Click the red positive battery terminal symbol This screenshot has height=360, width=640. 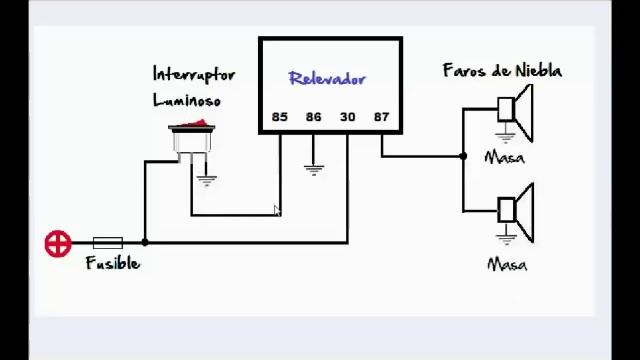tap(58, 243)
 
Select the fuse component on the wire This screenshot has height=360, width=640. tap(107, 242)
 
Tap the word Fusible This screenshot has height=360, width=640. tap(113, 264)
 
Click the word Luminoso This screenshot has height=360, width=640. tap(186, 100)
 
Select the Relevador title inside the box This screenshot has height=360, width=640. tap(327, 79)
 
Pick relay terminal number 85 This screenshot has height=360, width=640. tap(279, 117)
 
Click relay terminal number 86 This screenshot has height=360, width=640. tap(313, 117)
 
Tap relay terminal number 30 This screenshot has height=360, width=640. tap(347, 117)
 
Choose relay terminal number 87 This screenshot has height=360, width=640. tap(381, 117)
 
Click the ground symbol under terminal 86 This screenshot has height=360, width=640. tap(313, 168)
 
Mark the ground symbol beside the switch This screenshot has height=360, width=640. tap(207, 180)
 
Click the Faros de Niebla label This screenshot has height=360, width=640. tap(502, 71)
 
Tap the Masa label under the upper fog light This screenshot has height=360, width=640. tap(505, 157)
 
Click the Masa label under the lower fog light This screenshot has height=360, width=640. tap(507, 265)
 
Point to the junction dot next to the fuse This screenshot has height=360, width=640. tap(145, 242)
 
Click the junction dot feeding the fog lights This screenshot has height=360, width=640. tap(463, 156)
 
